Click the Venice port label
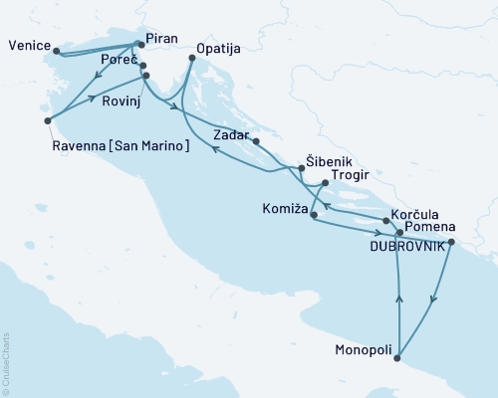click(27, 46)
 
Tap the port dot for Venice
click(56, 51)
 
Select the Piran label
click(161, 38)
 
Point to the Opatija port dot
click(191, 60)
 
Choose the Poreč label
click(118, 61)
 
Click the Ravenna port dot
click(47, 121)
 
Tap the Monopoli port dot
click(398, 357)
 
